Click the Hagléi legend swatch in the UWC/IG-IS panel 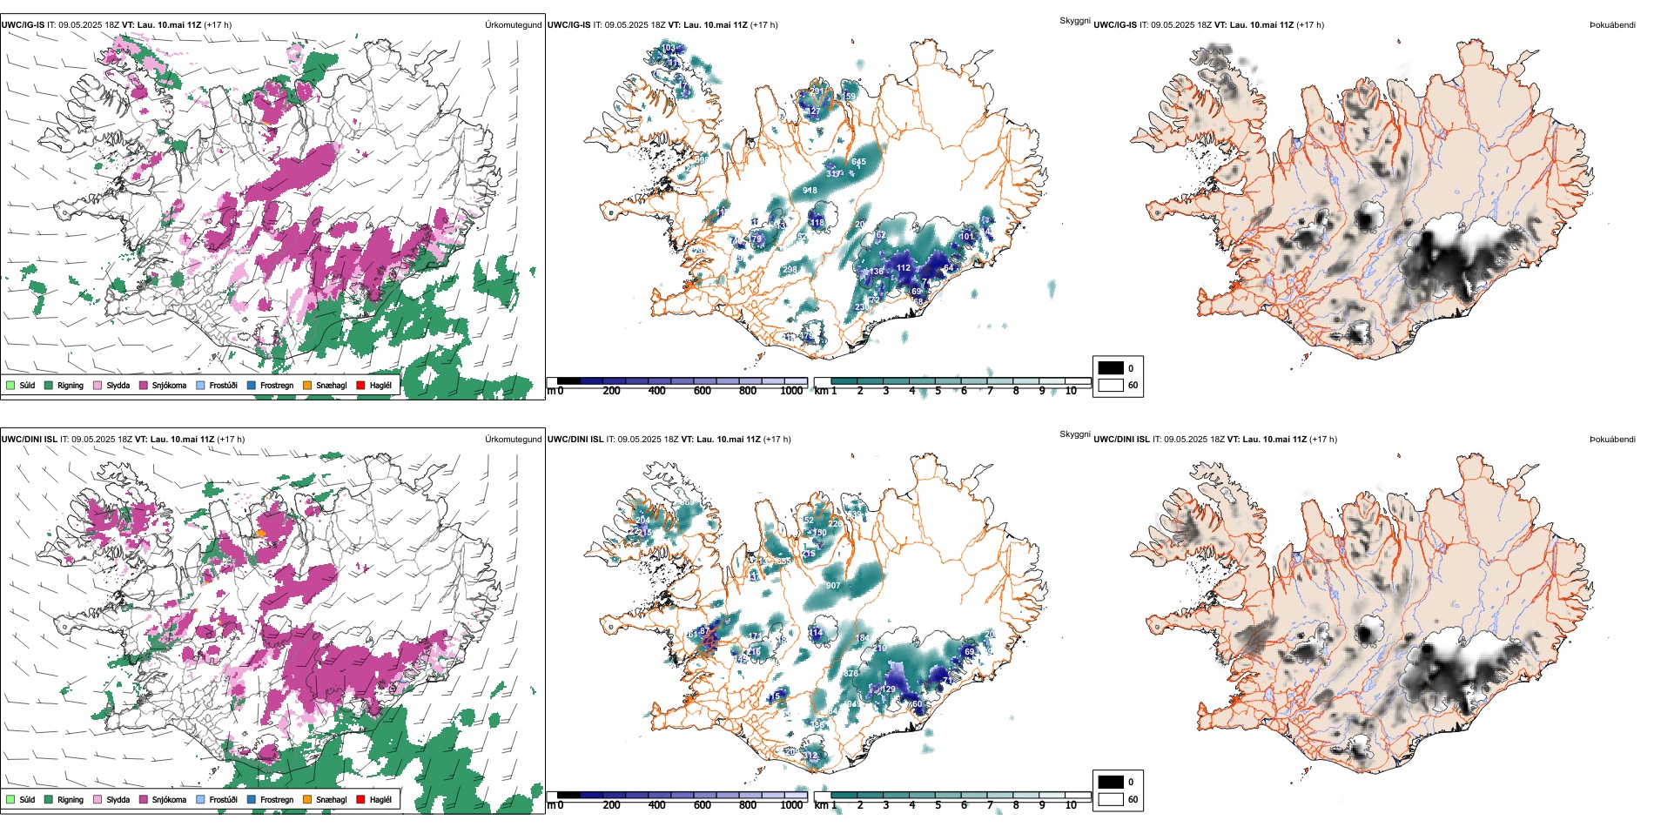click(360, 385)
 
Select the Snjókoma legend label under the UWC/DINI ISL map click(169, 799)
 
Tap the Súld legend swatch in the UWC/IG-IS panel click(10, 385)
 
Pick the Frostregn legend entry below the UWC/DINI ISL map click(276, 799)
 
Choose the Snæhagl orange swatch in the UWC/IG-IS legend click(307, 385)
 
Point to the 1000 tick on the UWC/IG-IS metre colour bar click(791, 391)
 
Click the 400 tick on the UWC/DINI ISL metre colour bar click(656, 805)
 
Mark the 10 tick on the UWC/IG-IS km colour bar click(1071, 391)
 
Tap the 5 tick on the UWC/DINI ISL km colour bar click(938, 805)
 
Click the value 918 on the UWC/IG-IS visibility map click(810, 191)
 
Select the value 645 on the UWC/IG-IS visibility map click(858, 162)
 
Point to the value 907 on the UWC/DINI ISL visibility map click(833, 586)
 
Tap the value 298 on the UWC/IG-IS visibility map click(790, 270)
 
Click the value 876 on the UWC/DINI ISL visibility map click(851, 673)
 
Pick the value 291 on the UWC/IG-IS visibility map click(817, 91)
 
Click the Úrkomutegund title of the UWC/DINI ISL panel click(513, 440)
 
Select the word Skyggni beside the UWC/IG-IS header click(1074, 21)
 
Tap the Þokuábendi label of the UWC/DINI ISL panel click(1612, 440)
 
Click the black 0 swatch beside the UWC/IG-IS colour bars click(1111, 368)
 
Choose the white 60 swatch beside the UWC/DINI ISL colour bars click(1111, 799)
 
